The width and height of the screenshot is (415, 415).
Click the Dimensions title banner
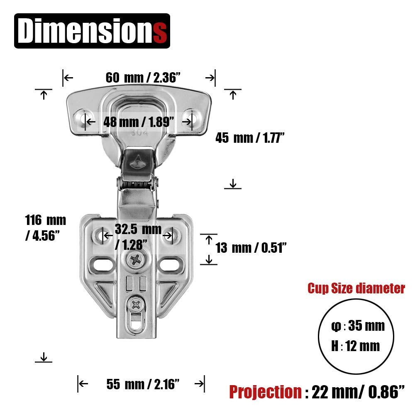click(x=92, y=31)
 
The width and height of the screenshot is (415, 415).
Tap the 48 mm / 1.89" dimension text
click(x=139, y=122)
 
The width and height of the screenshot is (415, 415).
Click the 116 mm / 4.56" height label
click(x=45, y=227)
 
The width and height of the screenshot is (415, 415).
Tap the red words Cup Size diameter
click(x=356, y=288)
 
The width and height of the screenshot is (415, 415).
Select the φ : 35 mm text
click(x=358, y=326)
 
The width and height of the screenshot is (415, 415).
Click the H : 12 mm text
click(x=355, y=346)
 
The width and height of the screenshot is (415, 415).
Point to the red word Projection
click(x=266, y=391)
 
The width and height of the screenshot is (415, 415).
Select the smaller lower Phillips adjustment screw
click(x=136, y=306)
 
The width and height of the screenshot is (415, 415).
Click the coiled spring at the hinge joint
click(x=137, y=183)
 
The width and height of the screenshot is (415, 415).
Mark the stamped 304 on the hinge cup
click(x=136, y=134)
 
